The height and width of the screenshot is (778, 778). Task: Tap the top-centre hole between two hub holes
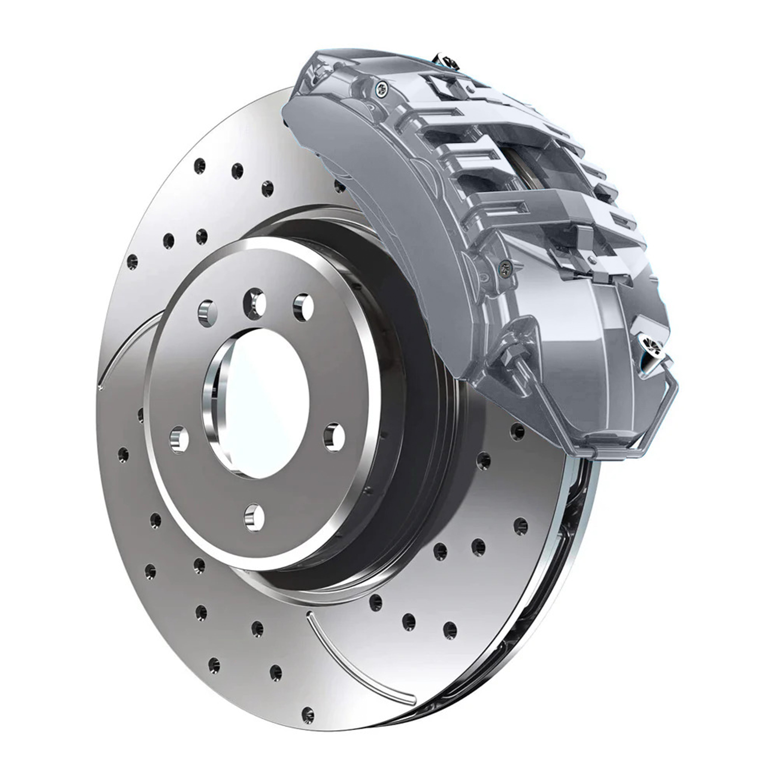(255, 303)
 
